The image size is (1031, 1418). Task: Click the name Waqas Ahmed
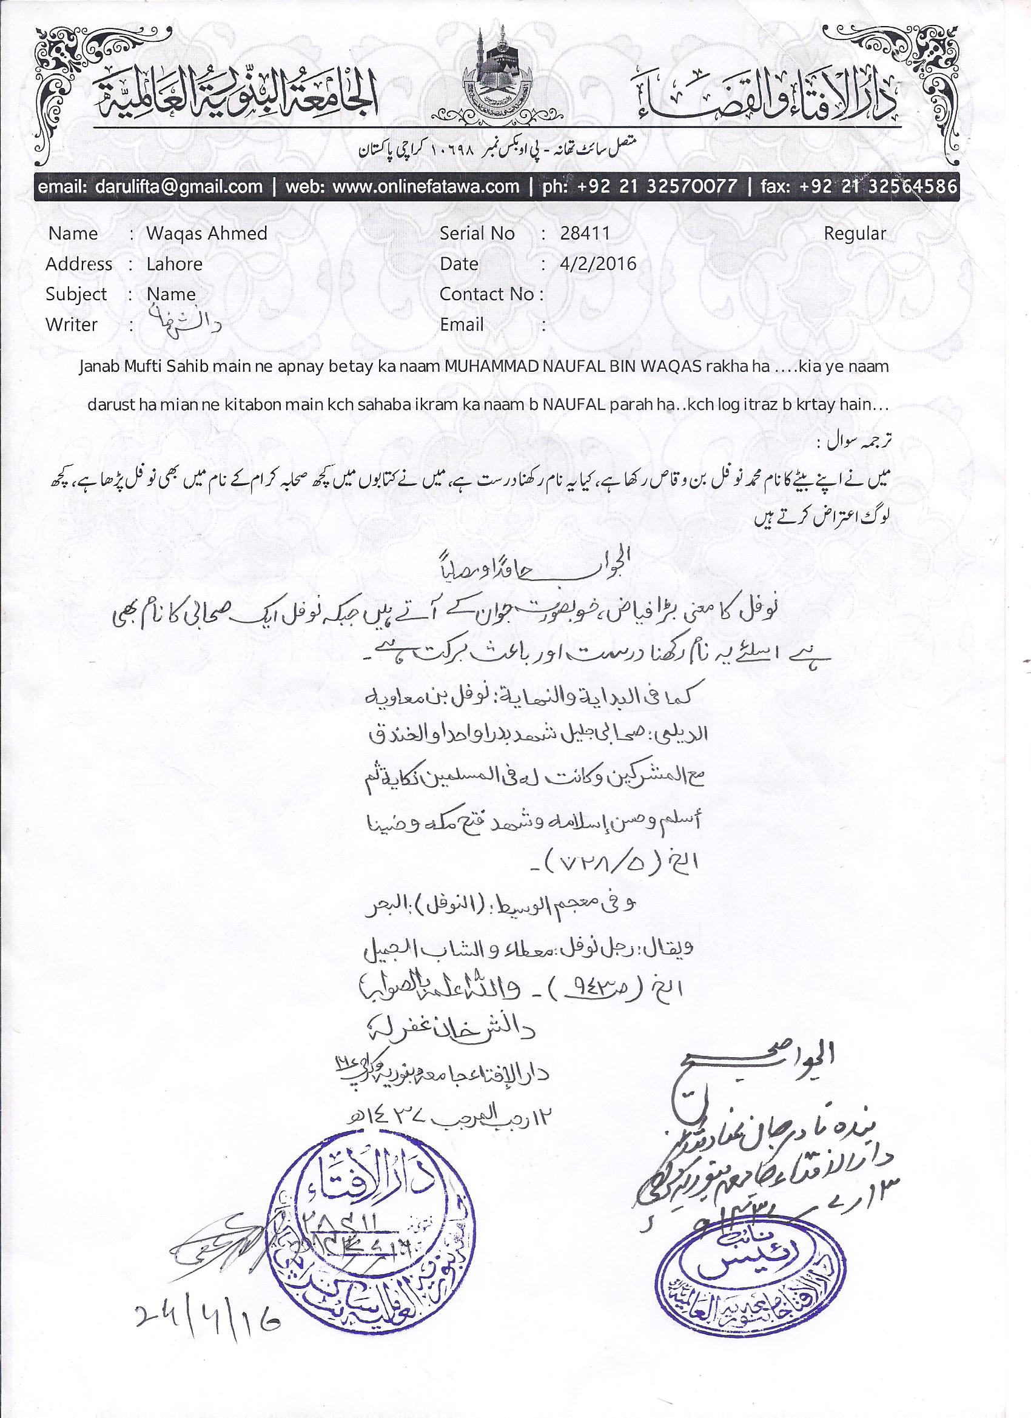[207, 234]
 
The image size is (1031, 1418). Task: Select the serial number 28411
[585, 234]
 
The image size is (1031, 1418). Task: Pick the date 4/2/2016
[598, 264]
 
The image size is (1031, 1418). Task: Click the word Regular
[855, 234]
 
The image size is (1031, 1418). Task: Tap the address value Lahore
[175, 264]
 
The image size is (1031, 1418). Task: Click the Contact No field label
[491, 294]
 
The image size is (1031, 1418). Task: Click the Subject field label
[76, 294]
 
